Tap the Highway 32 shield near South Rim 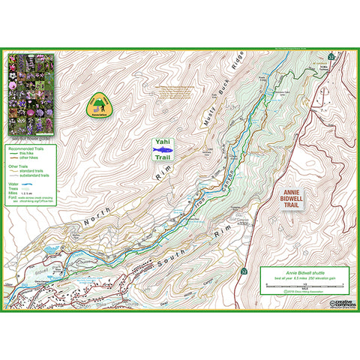(x=244, y=270)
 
